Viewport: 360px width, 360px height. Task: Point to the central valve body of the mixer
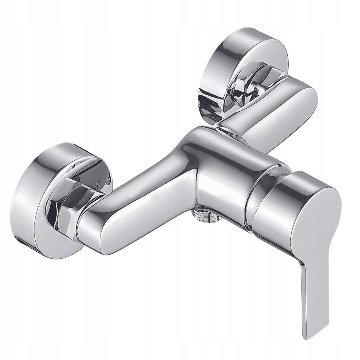218,169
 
